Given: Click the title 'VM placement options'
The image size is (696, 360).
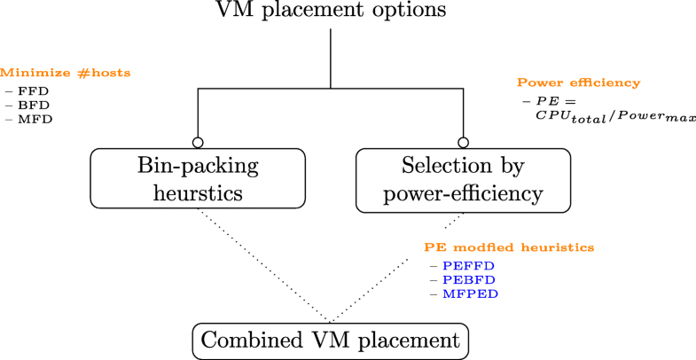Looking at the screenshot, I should pos(331,12).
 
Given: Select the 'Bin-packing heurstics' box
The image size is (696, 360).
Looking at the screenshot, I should pos(198,180).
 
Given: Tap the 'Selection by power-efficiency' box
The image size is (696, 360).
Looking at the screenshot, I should pos(462,180).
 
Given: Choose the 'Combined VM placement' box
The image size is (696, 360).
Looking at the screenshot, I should pos(330,340).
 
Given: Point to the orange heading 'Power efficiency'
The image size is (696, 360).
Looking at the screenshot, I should pos(578,82).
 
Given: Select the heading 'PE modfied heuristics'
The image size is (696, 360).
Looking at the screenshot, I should pos(508,247).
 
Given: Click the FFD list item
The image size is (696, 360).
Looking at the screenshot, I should pos(32,91).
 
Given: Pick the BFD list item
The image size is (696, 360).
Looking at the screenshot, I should pos(32,105).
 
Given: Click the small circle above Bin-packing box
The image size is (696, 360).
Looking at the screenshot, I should pos(198,142).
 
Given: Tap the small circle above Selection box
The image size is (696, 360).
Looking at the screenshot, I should pos(463,142).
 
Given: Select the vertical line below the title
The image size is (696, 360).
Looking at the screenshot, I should pos(331,58).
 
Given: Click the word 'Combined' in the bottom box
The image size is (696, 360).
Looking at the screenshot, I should pos(246,340).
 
